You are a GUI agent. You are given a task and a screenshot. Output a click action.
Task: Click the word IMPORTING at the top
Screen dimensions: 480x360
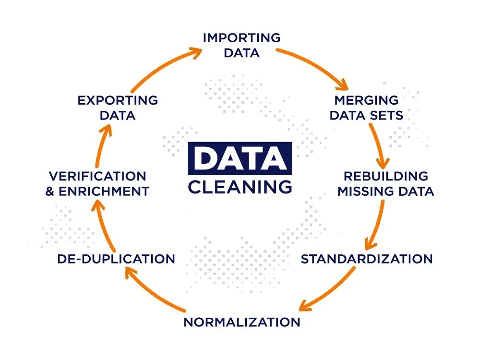241,38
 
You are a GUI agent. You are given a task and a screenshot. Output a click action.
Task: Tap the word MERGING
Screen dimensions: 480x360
366,100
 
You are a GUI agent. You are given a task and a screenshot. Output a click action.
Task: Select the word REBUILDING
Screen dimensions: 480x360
386,176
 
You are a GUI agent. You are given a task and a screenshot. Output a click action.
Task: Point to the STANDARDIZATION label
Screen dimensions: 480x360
367,259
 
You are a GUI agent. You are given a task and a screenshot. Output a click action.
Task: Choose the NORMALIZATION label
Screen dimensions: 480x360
242,323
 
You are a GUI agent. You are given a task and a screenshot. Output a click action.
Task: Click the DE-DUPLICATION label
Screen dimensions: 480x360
116,259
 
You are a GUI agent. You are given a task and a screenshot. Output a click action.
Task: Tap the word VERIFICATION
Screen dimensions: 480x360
97,176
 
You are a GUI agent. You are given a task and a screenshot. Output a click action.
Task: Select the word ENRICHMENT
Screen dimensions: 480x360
104,192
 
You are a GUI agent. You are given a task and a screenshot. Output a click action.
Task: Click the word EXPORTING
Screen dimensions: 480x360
118,100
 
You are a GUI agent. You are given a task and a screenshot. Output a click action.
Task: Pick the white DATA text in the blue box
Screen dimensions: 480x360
240,158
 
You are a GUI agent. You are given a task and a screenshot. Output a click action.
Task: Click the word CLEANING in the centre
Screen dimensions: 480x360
240,187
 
